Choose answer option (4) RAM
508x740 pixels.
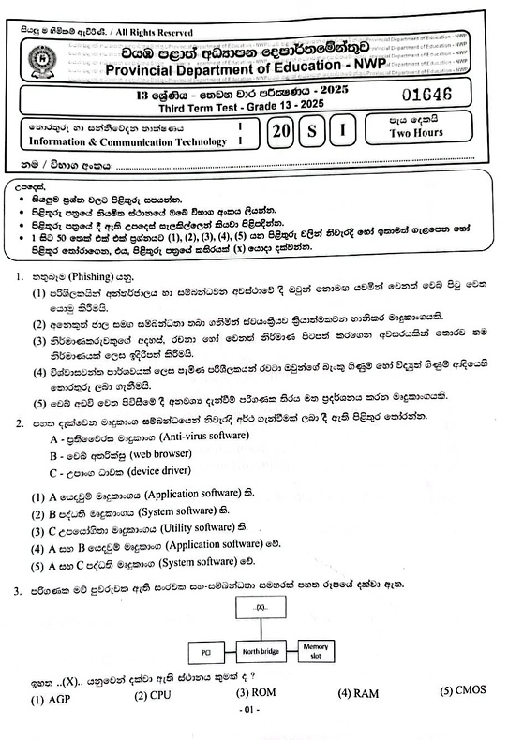357,693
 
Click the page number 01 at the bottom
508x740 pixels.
248,711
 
